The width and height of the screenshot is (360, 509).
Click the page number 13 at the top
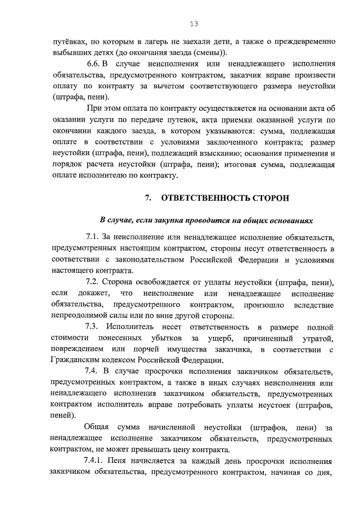tap(193, 24)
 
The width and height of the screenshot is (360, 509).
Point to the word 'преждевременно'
tap(304, 42)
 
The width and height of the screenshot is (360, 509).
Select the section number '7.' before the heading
tap(148, 198)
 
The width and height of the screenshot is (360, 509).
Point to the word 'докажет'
tap(88, 293)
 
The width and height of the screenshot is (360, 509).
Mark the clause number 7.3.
tap(92, 327)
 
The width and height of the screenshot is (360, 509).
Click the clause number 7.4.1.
tap(95, 461)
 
